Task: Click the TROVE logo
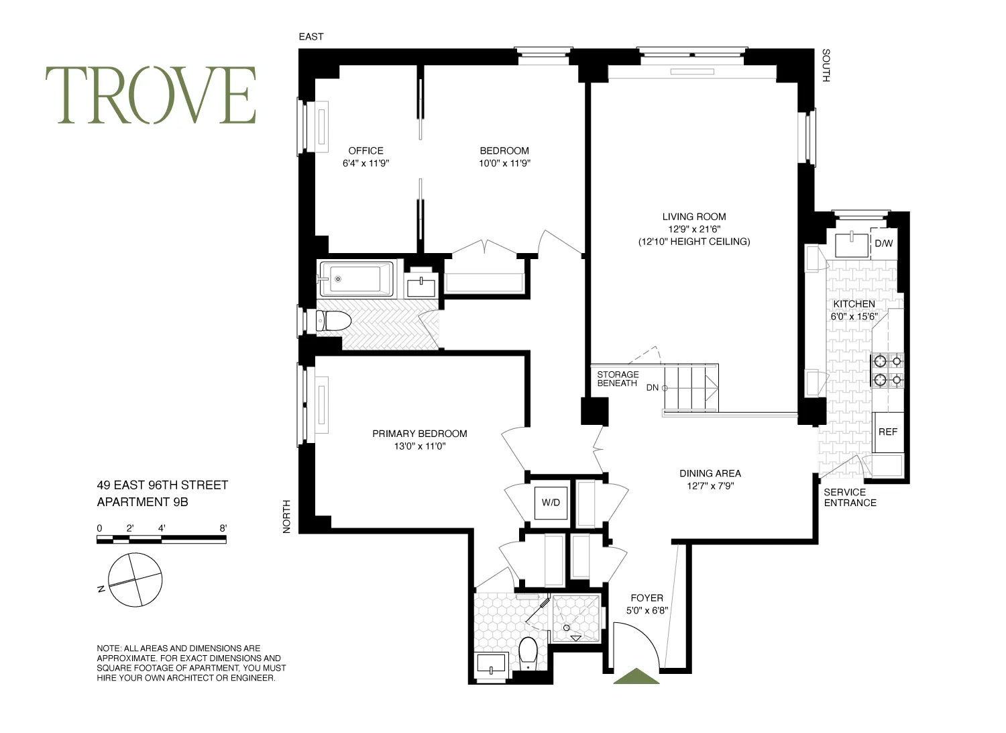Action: pos(151,95)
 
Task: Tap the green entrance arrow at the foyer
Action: pos(636,677)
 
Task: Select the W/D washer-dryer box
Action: pos(551,502)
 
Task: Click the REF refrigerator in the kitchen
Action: pos(888,432)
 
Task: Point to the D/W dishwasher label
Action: pos(884,244)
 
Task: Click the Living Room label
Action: pos(693,217)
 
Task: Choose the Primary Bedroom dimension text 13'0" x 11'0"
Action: pos(420,446)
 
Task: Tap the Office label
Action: pos(366,151)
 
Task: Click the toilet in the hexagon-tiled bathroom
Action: pos(528,652)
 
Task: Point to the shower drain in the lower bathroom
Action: pos(567,628)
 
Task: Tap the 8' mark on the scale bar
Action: pos(223,528)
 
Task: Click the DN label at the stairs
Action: pos(653,387)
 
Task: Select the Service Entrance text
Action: pos(850,497)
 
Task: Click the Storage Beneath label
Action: pos(618,379)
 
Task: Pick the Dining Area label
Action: pos(710,473)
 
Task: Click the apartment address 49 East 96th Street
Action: pos(163,485)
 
